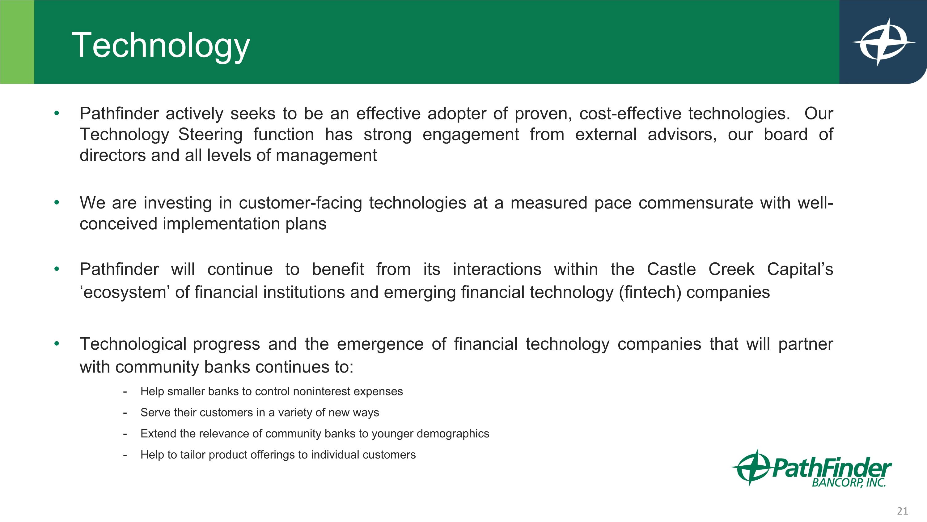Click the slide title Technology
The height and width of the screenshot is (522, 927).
pyautogui.click(x=160, y=45)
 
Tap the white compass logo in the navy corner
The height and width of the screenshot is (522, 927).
pyautogui.click(x=883, y=42)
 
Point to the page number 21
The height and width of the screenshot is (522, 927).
pyautogui.click(x=902, y=511)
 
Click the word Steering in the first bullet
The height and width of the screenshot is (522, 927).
pyautogui.click(x=210, y=135)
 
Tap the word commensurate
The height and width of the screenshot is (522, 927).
pyautogui.click(x=696, y=203)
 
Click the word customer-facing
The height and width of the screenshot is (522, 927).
pyautogui.click(x=300, y=203)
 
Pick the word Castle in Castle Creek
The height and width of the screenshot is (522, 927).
pyautogui.click(x=671, y=270)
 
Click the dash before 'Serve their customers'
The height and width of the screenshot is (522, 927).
pyautogui.click(x=125, y=412)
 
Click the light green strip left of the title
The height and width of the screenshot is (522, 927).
pyautogui.click(x=17, y=42)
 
